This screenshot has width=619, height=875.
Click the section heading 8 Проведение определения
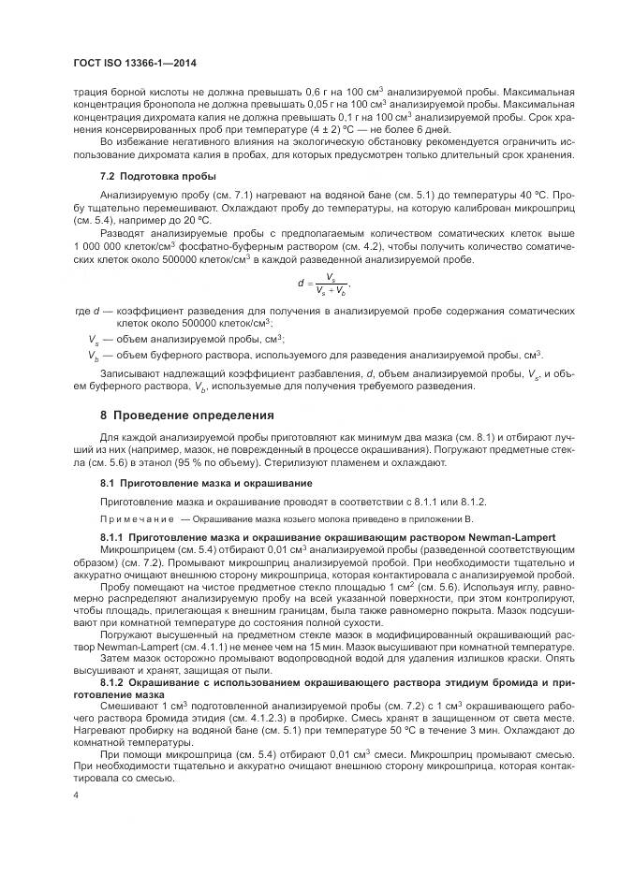tap(187, 415)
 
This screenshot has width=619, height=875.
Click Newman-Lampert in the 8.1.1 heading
tap(504, 536)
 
